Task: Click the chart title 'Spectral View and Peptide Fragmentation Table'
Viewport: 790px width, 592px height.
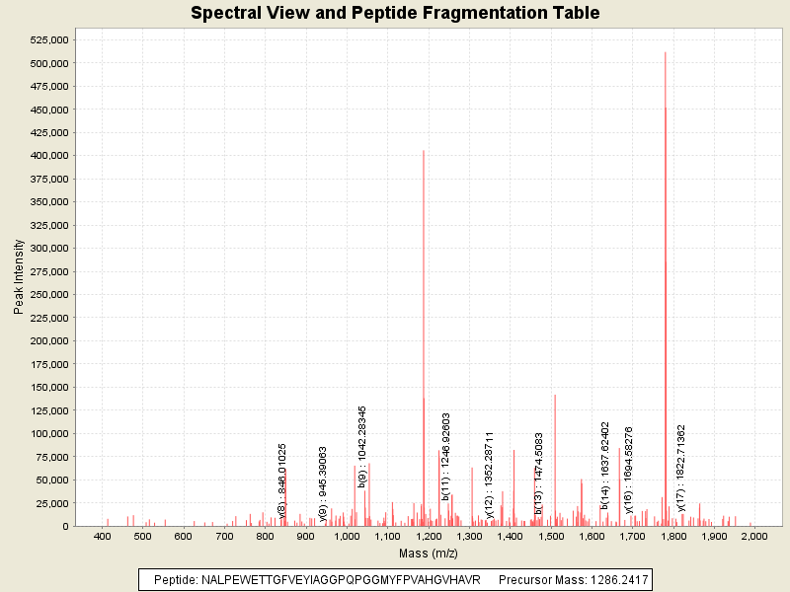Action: (x=395, y=13)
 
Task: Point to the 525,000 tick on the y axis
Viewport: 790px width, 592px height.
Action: (x=47, y=39)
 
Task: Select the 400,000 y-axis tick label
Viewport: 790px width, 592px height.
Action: (x=47, y=156)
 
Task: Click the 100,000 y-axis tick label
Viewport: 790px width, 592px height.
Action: (x=47, y=434)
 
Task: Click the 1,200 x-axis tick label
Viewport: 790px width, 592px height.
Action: (x=428, y=536)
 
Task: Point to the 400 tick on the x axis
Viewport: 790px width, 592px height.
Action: (x=102, y=536)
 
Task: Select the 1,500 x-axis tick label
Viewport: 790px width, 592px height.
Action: (x=550, y=536)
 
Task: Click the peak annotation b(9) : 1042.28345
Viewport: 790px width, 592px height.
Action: (x=362, y=446)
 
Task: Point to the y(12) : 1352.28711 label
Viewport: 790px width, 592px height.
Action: (x=490, y=473)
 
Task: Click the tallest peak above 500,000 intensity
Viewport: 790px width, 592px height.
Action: (x=666, y=53)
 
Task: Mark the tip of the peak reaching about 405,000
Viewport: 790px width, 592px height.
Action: (x=424, y=151)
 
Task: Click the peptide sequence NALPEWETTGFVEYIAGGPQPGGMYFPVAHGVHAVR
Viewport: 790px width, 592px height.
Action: (x=316, y=580)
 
